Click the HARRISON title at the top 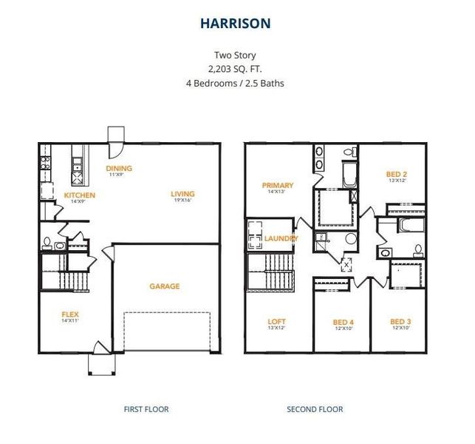235,24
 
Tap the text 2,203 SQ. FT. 234,69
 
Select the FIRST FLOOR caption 146,408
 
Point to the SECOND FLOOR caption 315,408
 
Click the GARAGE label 164,286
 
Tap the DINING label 119,169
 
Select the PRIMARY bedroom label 277,186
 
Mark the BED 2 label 397,174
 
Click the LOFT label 276,322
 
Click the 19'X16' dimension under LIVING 182,201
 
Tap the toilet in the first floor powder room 47,242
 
